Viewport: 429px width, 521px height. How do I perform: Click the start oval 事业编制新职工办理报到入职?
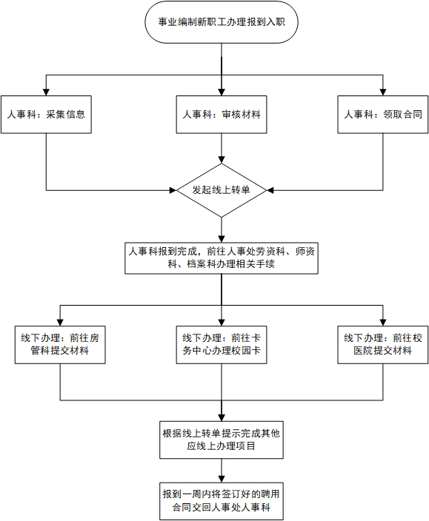point(222,22)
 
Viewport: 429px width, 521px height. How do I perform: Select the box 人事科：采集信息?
point(46,115)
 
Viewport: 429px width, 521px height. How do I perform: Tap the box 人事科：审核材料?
point(222,115)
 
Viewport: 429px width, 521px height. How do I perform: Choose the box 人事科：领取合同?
point(383,115)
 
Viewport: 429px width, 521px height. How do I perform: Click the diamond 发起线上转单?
point(222,190)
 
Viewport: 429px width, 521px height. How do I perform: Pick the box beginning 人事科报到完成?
point(222,258)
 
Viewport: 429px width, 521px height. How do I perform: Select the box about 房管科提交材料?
point(60,345)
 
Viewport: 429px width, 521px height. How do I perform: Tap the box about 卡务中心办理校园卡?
point(222,345)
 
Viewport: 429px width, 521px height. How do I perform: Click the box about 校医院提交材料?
point(383,345)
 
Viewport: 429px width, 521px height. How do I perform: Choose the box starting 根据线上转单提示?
point(222,440)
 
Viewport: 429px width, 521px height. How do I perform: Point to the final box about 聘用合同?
point(222,502)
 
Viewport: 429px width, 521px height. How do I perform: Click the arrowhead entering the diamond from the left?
point(173,190)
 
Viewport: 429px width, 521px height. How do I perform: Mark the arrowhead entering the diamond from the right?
point(270,190)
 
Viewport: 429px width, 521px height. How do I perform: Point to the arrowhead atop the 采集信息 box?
point(46,93)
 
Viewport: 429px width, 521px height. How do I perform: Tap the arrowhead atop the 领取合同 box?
point(383,93)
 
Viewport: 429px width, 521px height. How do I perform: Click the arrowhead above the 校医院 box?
point(383,323)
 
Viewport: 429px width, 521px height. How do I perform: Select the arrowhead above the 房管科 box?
point(60,323)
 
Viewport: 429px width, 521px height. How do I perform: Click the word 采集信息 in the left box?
point(65,115)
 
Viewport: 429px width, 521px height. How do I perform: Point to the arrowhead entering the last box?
point(222,479)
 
